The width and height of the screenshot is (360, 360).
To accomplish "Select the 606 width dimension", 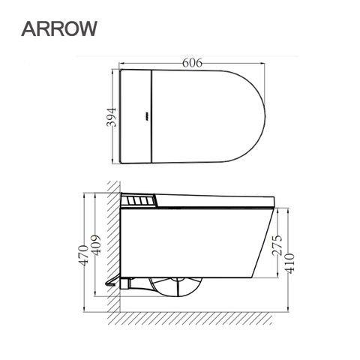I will (193, 64).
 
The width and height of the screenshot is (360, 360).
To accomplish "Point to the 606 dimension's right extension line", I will (265, 75).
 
